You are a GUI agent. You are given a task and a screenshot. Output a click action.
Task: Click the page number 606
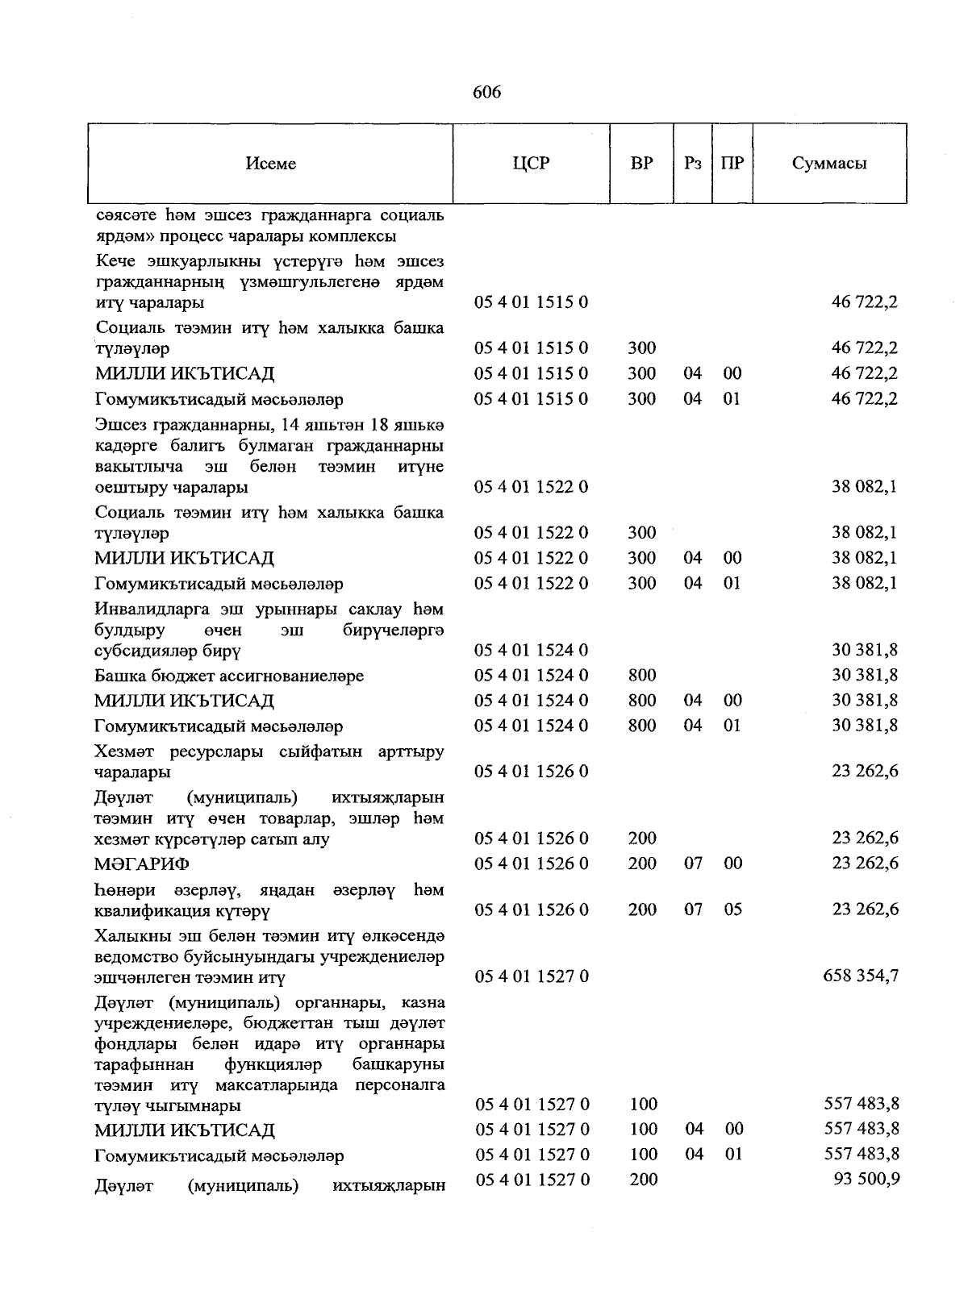[486, 93]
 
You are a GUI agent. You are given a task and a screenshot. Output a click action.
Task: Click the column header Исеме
[271, 164]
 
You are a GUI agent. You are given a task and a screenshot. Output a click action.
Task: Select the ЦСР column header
[531, 164]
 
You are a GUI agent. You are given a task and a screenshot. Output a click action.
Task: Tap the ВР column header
[642, 164]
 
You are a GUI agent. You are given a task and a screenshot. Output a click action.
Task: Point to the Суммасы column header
[829, 164]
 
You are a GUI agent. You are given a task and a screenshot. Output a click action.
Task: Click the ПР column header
[732, 164]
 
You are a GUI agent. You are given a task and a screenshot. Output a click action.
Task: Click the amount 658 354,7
[861, 976]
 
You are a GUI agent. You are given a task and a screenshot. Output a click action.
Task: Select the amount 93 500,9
[866, 1180]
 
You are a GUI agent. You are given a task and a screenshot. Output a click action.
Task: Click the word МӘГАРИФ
[142, 864]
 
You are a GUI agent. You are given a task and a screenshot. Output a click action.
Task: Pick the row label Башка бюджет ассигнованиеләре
[229, 676]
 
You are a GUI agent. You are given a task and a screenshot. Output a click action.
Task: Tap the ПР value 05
[732, 909]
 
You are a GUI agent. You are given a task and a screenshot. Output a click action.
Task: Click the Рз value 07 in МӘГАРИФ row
[694, 864]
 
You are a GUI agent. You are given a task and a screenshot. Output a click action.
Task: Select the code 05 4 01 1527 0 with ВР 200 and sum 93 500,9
[532, 1180]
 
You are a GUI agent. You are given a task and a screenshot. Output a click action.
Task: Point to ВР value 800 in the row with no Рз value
[642, 675]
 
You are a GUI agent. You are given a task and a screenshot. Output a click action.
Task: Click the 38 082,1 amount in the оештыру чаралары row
[866, 487]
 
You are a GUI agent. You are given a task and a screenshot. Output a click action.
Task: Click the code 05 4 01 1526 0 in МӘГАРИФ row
[532, 864]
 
